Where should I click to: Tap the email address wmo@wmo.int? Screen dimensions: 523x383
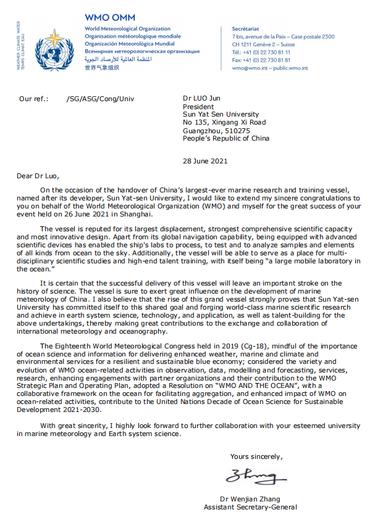point(248,67)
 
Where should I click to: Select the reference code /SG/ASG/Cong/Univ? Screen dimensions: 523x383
point(99,99)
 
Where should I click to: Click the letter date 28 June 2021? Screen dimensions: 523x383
point(205,161)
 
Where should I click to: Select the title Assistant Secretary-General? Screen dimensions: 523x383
point(250,507)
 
